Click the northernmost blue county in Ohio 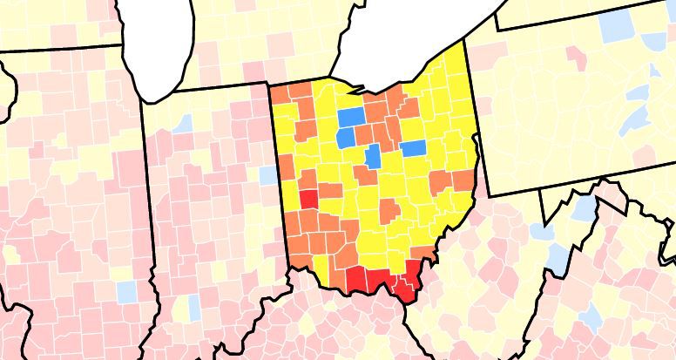(x=351, y=117)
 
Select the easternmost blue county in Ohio (x=413, y=147)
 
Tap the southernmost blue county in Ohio (x=374, y=158)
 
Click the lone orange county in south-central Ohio (x=389, y=210)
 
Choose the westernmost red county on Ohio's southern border (x=355, y=278)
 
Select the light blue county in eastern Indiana (x=267, y=174)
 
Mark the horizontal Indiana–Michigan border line (x=218, y=86)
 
